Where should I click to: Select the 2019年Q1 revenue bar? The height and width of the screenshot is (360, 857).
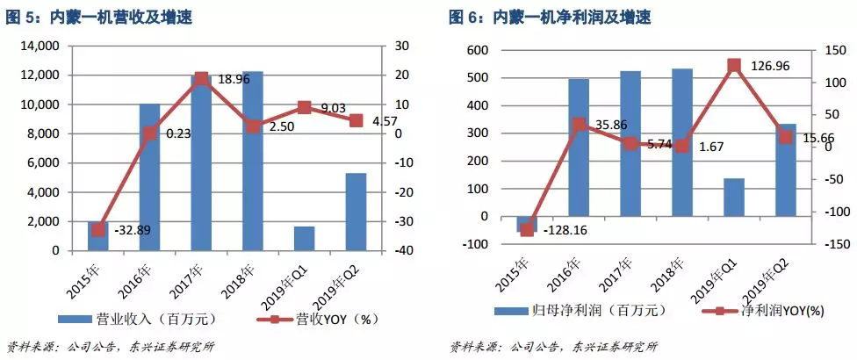305,238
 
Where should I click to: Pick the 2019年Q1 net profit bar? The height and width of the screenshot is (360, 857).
733,197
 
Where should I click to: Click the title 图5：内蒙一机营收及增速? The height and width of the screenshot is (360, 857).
101,18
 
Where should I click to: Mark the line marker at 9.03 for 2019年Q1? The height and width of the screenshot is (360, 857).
305,107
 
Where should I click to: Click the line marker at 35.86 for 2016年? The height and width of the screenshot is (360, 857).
578,125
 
